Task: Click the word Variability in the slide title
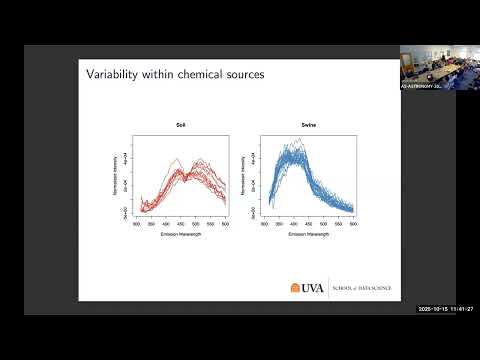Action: pos(111,74)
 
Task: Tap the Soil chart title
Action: pos(179,124)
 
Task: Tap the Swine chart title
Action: pos(307,124)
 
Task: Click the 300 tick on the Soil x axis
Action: pos(137,223)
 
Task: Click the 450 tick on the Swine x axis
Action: pos(308,223)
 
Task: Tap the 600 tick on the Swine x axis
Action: pos(352,223)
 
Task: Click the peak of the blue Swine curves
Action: pos(296,146)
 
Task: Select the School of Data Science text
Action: pos(363,288)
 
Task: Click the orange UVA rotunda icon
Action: pos(296,288)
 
